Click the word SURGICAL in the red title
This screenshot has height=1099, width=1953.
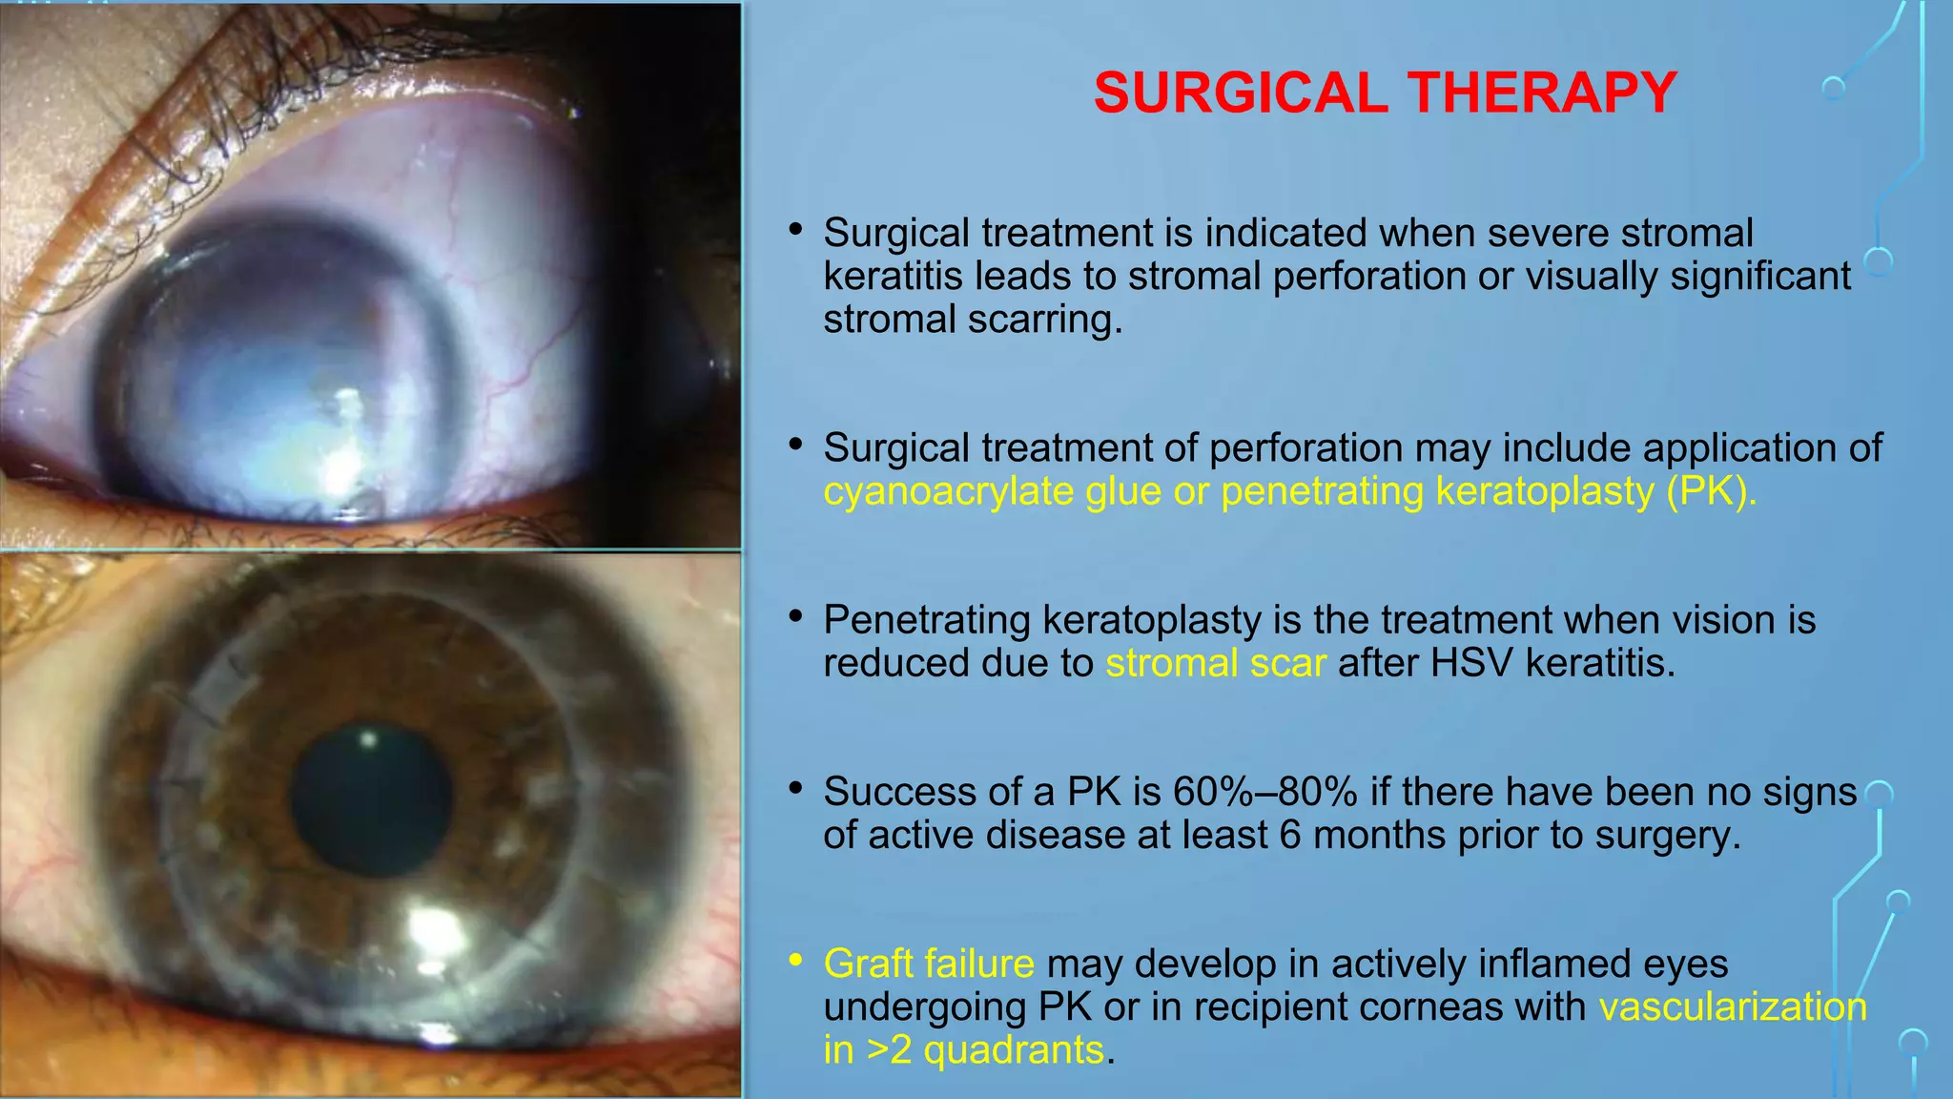(x=1240, y=93)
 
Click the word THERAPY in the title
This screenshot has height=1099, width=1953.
(x=1542, y=93)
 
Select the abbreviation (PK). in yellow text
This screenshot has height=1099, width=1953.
(x=1711, y=491)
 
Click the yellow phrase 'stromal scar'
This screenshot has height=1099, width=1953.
(x=1215, y=663)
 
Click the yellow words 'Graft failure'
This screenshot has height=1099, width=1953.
(x=928, y=964)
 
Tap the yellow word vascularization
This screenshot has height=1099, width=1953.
(x=1732, y=1006)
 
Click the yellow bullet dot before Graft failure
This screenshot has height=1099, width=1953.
(x=795, y=961)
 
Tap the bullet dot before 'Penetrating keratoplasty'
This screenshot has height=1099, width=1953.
(x=795, y=617)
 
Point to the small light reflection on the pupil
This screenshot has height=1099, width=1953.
(x=369, y=737)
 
